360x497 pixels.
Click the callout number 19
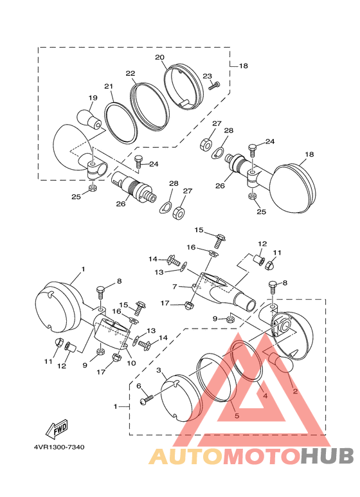coord(93,98)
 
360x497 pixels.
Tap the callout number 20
coord(159,57)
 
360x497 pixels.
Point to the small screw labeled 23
coord(215,86)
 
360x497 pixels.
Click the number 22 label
coord(130,73)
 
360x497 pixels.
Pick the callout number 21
coord(109,86)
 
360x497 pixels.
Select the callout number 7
coord(174,287)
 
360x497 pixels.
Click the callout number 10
coord(131,363)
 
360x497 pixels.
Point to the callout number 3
coord(159,370)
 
